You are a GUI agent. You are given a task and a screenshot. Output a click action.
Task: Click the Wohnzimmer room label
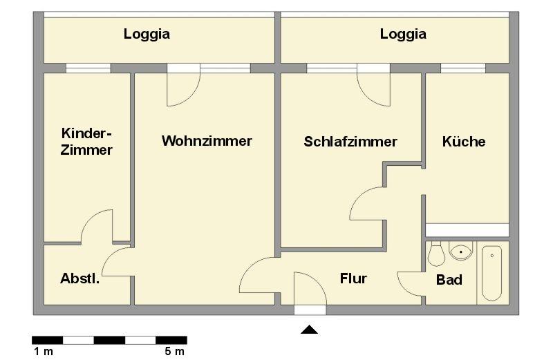207,141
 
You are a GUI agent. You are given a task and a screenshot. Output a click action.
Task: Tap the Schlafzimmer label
350,142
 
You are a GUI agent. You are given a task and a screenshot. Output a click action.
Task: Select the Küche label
464,142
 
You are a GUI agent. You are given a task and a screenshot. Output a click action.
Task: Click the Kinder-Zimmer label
86,141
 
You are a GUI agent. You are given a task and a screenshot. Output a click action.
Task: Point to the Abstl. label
79,279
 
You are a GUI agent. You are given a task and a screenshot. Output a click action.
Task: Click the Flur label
353,279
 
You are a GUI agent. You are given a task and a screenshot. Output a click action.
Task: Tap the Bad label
449,281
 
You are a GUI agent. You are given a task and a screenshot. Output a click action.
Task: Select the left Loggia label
147,33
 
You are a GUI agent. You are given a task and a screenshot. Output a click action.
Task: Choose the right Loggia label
403,33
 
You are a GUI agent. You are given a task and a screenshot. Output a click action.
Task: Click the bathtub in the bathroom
492,272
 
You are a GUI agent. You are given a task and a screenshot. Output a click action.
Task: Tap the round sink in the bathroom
461,251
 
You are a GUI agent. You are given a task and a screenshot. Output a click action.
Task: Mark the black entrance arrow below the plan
309,330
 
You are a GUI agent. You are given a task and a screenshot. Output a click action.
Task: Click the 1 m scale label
43,352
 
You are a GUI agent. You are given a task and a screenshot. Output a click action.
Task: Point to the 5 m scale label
175,352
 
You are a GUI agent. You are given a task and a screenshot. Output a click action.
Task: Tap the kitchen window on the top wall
462,68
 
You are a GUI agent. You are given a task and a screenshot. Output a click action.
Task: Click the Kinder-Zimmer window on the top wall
88,68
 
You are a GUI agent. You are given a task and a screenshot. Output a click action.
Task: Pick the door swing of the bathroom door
411,283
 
